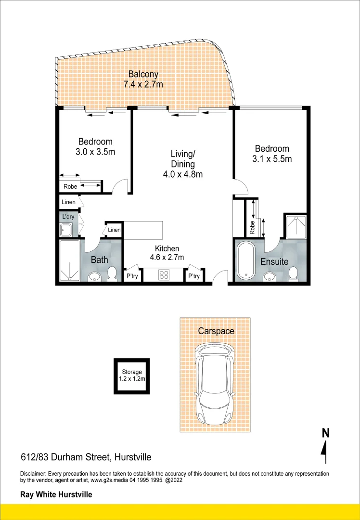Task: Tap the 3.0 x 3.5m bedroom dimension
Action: [95, 152]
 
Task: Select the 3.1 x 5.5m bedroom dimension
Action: [272, 159]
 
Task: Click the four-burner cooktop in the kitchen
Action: [164, 275]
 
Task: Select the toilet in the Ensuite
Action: [293, 273]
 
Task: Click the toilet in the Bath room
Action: [112, 273]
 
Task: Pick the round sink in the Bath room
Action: [95, 276]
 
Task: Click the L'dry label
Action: [68, 217]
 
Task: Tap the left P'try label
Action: [132, 276]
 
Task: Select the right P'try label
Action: [194, 276]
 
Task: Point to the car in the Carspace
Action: [215, 383]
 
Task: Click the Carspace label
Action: [216, 331]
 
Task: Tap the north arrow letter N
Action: [326, 433]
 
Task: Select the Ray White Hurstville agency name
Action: [56, 494]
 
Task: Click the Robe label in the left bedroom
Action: [70, 186]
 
